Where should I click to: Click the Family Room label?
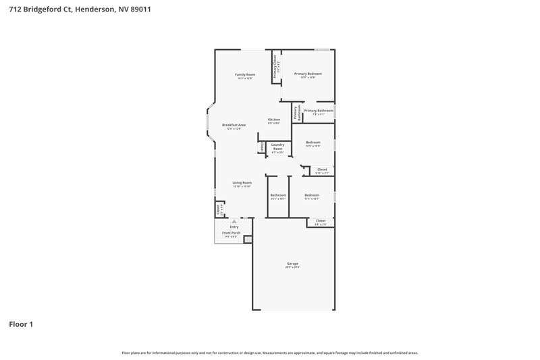coord(245,74)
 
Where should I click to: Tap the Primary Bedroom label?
coord(308,73)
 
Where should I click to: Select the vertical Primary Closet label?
coord(275,66)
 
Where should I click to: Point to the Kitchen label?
coord(273,120)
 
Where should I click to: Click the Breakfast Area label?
coord(234,125)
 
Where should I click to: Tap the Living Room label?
coord(242,182)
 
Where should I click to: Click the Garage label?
coord(292,263)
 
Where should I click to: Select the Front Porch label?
coord(231,232)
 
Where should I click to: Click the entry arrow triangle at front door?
coord(234,221)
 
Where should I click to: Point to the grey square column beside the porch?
coord(248,238)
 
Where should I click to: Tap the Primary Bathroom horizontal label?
coord(319,111)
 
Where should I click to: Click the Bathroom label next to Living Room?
coord(278,195)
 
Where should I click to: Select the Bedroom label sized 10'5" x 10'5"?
coord(313,143)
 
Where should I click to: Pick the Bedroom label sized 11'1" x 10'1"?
coord(311,195)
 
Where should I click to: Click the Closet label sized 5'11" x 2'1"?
coord(322,170)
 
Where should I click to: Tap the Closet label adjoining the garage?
coord(321,220)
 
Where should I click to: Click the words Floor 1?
coord(21,324)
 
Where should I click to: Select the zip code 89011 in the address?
coord(138,9)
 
